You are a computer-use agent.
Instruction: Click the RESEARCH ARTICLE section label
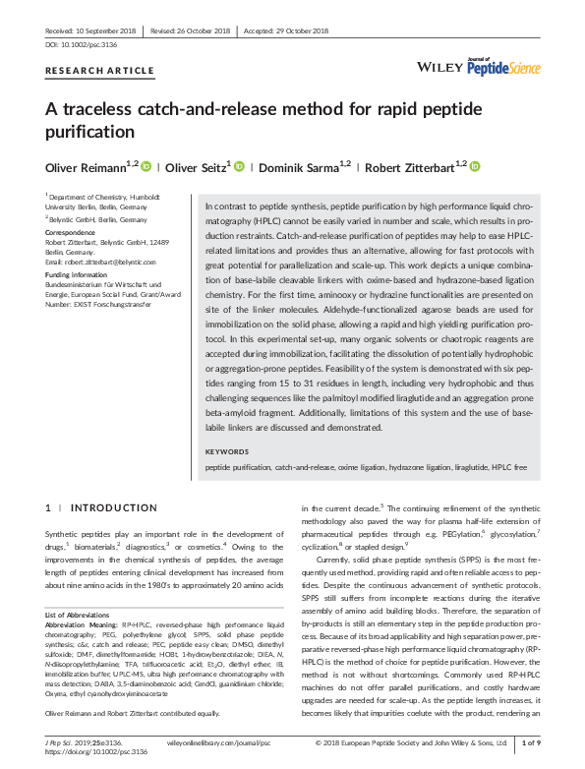coord(99,71)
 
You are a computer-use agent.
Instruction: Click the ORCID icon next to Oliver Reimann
coord(146,167)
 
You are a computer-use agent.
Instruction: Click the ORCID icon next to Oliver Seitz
coord(239,167)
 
